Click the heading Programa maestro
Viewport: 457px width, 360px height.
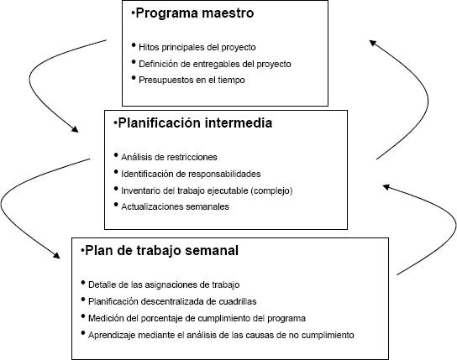tap(195, 13)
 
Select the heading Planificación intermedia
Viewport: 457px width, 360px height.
tap(195, 123)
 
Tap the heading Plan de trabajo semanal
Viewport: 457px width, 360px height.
tap(162, 251)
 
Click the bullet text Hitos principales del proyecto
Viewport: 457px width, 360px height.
tap(197, 47)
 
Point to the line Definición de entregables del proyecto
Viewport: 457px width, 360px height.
tap(215, 64)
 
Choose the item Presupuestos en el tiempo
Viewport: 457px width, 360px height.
tap(192, 80)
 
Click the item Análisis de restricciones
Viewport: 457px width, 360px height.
tap(169, 157)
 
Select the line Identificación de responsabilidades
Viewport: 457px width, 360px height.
tap(191, 174)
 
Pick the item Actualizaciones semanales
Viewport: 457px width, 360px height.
tap(176, 206)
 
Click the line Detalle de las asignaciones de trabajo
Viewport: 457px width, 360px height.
tap(164, 284)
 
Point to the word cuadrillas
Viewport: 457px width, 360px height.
tap(238, 301)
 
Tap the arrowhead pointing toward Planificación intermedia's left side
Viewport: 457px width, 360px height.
tap(75, 129)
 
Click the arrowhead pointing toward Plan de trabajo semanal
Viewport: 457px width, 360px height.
tap(56, 255)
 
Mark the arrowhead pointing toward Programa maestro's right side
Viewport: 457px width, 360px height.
tap(373, 43)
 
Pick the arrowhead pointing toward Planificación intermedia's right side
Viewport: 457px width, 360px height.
tap(386, 187)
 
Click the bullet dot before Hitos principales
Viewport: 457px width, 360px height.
tap(134, 45)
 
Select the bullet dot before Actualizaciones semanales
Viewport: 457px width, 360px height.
tap(116, 204)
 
